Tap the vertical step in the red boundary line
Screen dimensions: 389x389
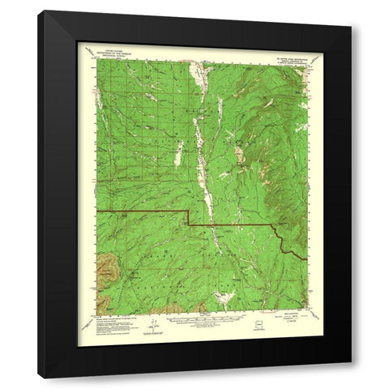click(189, 217)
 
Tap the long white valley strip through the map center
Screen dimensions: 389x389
click(203, 162)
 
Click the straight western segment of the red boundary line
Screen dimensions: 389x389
click(138, 211)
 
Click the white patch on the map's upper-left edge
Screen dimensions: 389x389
click(99, 101)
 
